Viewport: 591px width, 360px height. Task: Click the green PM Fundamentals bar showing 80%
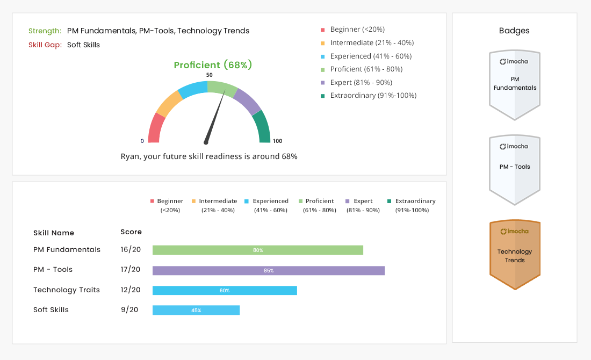[258, 250]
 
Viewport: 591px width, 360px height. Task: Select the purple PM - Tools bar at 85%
[269, 270]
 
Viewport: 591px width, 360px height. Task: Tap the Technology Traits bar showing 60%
[225, 290]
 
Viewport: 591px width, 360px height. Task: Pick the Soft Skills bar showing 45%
[196, 310]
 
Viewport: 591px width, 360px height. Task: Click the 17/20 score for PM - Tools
[131, 270]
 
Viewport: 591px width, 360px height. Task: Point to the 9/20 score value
[129, 310]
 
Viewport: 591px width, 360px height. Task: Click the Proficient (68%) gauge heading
[213, 65]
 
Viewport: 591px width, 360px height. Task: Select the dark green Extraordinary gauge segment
[261, 127]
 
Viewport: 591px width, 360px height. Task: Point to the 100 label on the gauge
[277, 141]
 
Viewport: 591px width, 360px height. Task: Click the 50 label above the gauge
[209, 75]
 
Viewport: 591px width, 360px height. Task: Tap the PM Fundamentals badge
[515, 85]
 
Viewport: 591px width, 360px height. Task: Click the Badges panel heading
[514, 31]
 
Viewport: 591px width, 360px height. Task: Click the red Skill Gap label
[45, 45]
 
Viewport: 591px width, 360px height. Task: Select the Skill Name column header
[54, 233]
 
